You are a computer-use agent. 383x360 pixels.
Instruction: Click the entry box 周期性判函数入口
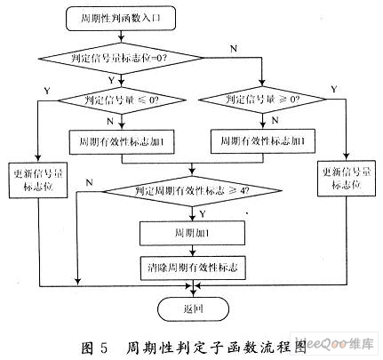(x=121, y=19)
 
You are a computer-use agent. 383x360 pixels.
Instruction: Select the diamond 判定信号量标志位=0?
(x=121, y=58)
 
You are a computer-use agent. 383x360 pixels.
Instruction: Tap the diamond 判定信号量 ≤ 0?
(x=122, y=100)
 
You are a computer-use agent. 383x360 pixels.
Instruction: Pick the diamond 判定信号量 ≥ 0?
(x=262, y=100)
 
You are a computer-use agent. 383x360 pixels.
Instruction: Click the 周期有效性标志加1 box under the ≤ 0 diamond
(x=122, y=142)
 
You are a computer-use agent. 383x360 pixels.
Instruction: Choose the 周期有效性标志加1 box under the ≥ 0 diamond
(x=262, y=141)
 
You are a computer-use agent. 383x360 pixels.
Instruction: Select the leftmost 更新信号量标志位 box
(x=38, y=180)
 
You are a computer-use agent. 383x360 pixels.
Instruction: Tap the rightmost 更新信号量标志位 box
(x=347, y=179)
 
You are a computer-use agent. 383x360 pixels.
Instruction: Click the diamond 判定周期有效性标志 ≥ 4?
(x=193, y=191)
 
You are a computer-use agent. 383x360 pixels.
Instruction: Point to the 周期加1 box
(x=192, y=233)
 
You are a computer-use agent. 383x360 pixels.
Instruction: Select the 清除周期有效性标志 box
(x=193, y=268)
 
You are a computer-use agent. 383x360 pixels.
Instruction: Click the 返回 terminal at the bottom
(x=193, y=309)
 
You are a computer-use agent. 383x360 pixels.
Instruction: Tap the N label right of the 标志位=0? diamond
(x=234, y=49)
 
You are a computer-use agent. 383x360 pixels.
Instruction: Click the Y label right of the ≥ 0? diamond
(x=334, y=89)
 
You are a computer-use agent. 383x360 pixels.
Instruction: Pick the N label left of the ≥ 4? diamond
(x=89, y=182)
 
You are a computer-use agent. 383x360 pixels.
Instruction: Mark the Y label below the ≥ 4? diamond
(x=203, y=213)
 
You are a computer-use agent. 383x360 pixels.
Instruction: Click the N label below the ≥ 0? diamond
(x=275, y=120)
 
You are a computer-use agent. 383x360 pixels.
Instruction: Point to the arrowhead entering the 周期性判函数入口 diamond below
(x=121, y=39)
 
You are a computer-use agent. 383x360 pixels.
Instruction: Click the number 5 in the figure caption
(x=104, y=348)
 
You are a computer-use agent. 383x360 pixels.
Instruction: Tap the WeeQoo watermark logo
(x=334, y=343)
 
